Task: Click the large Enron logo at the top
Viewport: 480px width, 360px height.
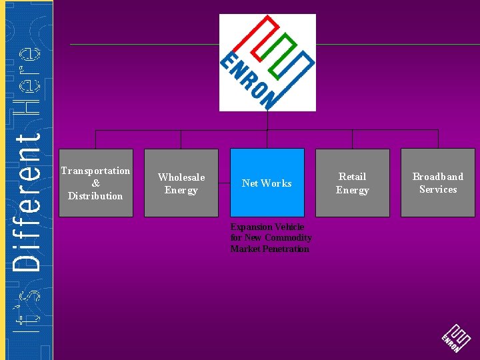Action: [267, 62]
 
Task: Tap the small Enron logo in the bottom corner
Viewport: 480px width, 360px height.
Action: [456, 338]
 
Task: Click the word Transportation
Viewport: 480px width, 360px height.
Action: [95, 171]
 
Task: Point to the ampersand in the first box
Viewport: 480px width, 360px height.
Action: [95, 183]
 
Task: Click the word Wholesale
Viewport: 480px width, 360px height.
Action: [181, 177]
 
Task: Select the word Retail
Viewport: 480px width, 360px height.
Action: [352, 177]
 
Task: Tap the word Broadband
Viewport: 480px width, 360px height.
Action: [437, 177]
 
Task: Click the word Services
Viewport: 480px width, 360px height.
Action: [437, 189]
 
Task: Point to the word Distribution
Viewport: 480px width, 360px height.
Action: [95, 196]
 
